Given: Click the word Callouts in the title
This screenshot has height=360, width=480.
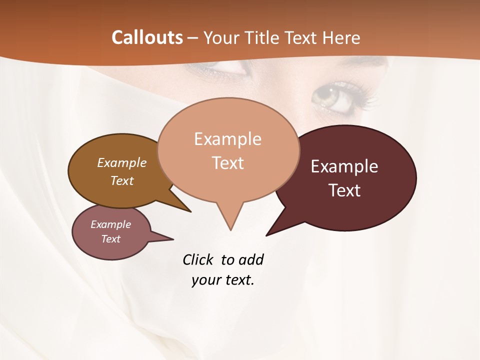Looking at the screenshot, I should [147, 37].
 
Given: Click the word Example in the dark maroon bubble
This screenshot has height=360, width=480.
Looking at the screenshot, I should [344, 166].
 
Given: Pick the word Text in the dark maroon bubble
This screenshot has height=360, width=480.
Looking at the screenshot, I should [344, 190].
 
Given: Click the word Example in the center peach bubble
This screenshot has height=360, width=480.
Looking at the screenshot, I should [227, 139].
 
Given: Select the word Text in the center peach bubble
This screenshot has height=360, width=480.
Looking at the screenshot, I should [228, 163].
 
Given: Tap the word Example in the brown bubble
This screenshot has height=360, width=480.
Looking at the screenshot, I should [122, 162].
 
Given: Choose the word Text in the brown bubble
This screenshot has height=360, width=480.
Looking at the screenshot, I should [122, 180].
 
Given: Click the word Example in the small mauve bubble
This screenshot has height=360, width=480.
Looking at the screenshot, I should [111, 224].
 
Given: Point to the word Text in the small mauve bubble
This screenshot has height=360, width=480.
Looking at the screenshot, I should [111, 239].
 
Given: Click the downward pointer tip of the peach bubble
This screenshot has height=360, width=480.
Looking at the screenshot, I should [230, 230].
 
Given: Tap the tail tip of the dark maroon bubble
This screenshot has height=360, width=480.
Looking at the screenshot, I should [266, 235].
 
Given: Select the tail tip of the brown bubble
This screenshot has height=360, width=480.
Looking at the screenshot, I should [190, 211].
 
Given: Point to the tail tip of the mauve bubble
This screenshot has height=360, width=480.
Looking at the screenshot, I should [173, 239].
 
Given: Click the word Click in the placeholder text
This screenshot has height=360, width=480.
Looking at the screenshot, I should [199, 259].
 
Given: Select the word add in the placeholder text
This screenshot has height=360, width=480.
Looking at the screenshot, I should [251, 259].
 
